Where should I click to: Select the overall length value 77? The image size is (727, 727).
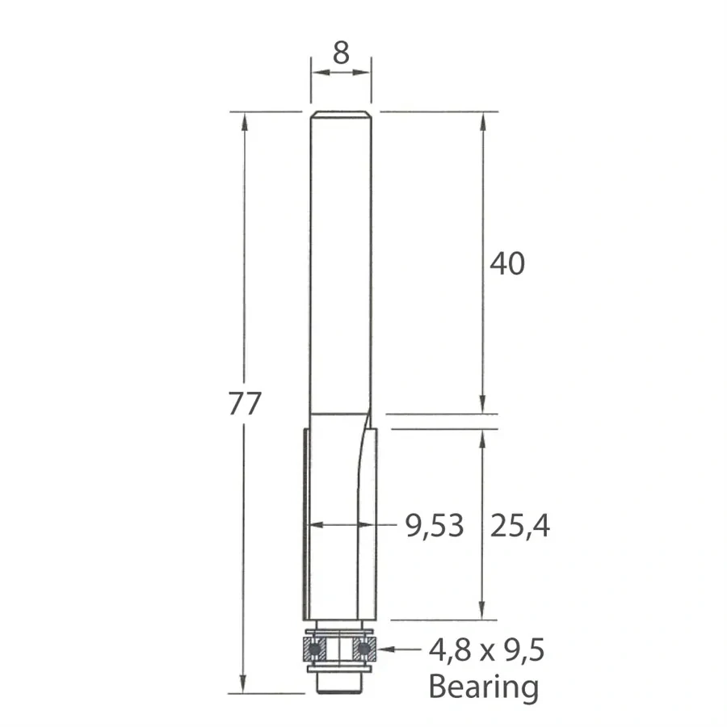(244, 403)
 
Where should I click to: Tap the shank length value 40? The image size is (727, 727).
(507, 263)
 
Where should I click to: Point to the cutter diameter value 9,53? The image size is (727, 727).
(435, 526)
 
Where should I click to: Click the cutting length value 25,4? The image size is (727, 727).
(519, 526)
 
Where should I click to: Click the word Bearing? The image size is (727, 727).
(483, 687)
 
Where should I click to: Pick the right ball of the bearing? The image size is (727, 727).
(364, 648)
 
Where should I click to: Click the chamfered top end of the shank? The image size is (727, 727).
(340, 113)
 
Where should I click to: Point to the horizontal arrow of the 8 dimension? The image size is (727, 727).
(340, 73)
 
